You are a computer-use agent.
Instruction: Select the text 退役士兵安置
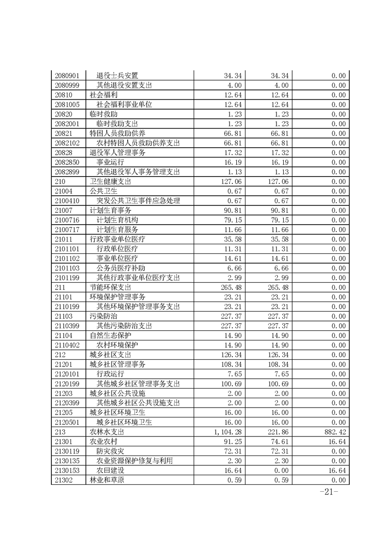click(117, 75)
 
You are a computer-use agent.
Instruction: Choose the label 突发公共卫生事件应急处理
click(138, 201)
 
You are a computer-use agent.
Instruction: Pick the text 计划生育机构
click(117, 220)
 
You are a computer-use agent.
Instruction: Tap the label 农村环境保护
click(117, 345)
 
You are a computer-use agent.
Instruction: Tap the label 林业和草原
click(107, 480)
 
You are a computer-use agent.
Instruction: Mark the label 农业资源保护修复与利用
click(135, 461)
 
